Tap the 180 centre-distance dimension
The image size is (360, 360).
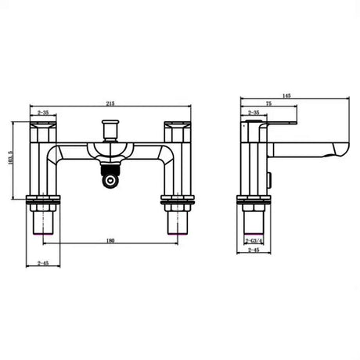[x=110, y=239]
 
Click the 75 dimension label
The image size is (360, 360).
[x=268, y=103]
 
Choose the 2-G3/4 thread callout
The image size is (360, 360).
[x=254, y=240]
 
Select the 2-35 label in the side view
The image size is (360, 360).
[x=254, y=113]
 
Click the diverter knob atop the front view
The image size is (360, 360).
[x=110, y=126]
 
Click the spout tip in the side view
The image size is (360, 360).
[x=341, y=149]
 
